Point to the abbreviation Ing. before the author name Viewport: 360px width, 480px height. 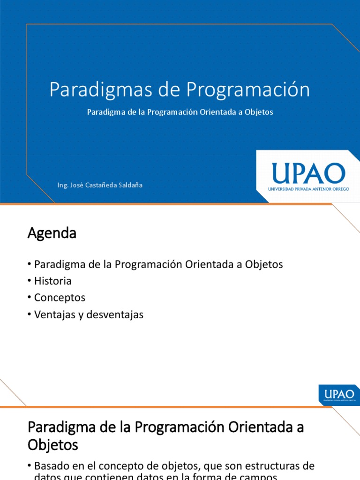pos(63,185)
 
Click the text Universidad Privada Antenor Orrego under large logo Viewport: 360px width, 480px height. pos(308,189)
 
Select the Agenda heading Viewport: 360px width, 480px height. pos(52,233)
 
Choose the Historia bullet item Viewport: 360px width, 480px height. pos(52,281)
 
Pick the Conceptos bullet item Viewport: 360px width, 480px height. pos(60,298)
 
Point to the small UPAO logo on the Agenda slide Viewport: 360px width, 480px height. pos(339,394)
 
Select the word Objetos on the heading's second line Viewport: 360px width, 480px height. pos(53,444)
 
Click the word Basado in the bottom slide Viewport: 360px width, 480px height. pos(52,466)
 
